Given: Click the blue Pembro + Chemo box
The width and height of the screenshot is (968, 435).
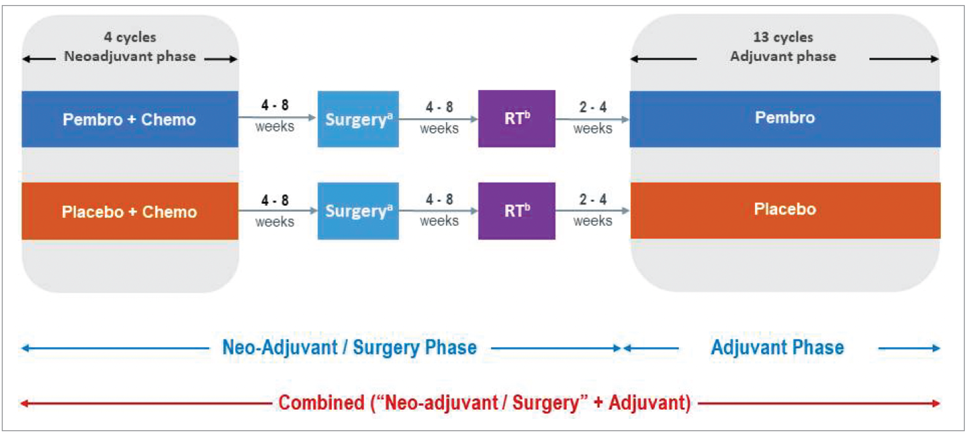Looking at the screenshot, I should [x=130, y=119].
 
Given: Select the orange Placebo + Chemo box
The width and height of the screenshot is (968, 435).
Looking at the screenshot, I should [x=130, y=211].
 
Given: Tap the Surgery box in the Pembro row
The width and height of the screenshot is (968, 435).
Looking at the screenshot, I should [x=358, y=119].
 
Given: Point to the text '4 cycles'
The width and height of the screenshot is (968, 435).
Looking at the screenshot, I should [x=130, y=37].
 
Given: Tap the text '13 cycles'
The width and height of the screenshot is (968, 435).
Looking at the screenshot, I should [x=783, y=37].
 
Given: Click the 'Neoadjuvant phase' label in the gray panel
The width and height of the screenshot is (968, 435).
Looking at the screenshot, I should [x=130, y=56].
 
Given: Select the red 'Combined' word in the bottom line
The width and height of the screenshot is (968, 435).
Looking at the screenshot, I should [x=321, y=403].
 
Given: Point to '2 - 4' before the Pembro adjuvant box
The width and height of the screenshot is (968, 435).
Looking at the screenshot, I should [x=593, y=107].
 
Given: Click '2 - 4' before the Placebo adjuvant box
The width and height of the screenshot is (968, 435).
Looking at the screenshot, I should [x=593, y=199].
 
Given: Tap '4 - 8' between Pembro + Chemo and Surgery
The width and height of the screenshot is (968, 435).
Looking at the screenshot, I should [x=275, y=105].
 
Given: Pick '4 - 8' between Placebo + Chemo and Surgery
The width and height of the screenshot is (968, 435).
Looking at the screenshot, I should [x=275, y=200].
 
